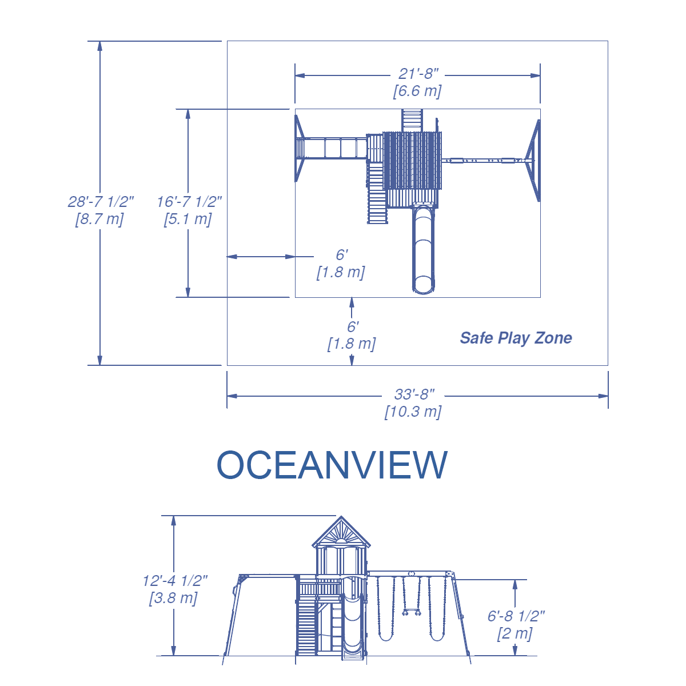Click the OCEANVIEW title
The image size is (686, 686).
click(332, 465)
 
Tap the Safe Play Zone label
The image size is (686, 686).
click(516, 338)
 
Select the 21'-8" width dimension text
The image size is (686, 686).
click(418, 74)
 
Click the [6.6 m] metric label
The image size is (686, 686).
click(417, 91)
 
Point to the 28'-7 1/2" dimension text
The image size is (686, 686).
click(101, 201)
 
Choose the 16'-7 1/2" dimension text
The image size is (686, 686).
click(189, 201)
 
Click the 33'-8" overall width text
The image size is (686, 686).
click(414, 394)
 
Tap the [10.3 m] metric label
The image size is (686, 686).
click(413, 412)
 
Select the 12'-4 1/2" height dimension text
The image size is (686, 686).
click(175, 581)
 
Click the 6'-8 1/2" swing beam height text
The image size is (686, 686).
click(516, 616)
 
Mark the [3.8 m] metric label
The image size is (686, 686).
click(173, 599)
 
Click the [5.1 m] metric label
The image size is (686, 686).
click(188, 219)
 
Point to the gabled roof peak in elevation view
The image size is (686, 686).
click(341, 519)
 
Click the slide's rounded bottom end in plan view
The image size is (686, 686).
click(423, 286)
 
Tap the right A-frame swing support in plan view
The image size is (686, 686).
click(534, 160)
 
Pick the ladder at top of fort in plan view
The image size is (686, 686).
click(412, 119)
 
